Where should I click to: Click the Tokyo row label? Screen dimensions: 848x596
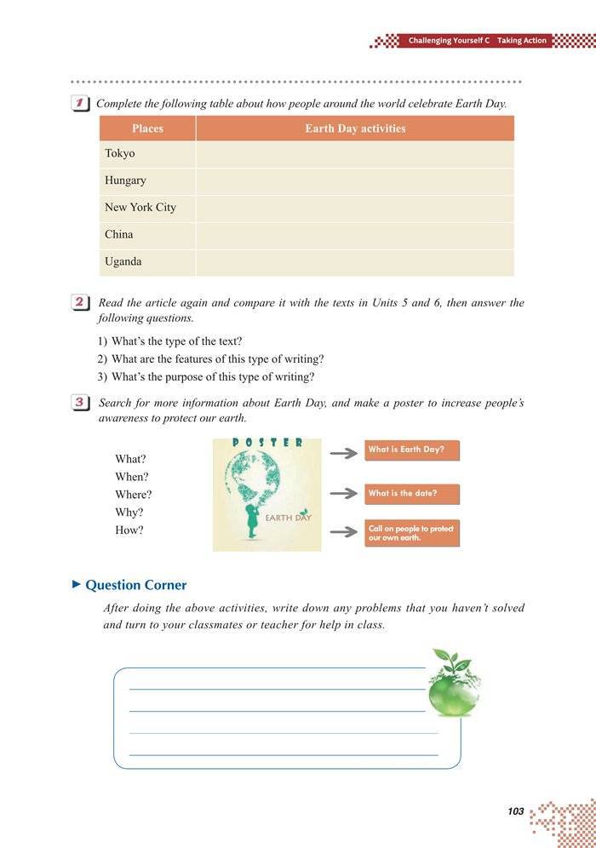tap(120, 154)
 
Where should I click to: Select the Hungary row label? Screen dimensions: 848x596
tap(125, 180)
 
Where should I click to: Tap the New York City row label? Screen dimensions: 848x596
tap(140, 208)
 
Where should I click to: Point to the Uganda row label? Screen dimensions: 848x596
tap(123, 261)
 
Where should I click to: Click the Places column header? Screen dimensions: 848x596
tap(147, 129)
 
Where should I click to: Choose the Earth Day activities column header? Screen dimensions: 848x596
tap(355, 129)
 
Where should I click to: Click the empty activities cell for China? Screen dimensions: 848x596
tap(355, 235)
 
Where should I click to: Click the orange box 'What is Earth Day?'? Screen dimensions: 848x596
tap(412, 450)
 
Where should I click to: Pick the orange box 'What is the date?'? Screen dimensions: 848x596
tap(412, 494)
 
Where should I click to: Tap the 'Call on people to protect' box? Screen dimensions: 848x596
tap(412, 533)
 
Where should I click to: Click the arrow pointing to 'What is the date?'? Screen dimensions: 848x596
tap(343, 494)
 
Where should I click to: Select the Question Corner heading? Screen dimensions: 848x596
tap(135, 585)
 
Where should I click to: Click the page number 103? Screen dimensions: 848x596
tap(515, 811)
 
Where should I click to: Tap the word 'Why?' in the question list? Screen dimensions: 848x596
tap(129, 513)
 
